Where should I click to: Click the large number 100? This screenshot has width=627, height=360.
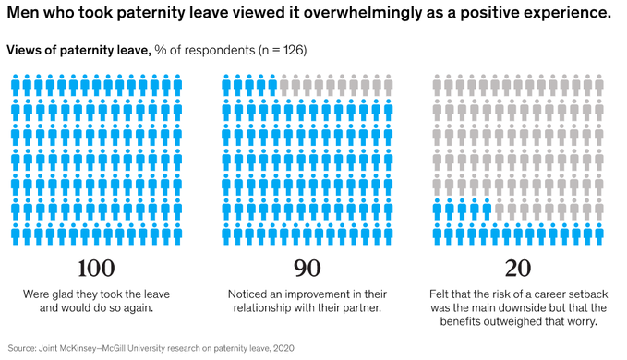pyautogui.click(x=96, y=269)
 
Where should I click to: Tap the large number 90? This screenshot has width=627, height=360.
pyautogui.click(x=307, y=269)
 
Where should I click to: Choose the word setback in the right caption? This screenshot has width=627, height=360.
pyautogui.click(x=585, y=294)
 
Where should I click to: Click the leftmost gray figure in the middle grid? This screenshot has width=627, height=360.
pyautogui.click(x=284, y=86)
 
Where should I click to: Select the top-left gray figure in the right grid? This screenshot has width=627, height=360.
pyautogui.click(x=439, y=86)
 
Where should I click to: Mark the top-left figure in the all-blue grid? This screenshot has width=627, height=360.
pyautogui.click(x=16, y=86)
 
